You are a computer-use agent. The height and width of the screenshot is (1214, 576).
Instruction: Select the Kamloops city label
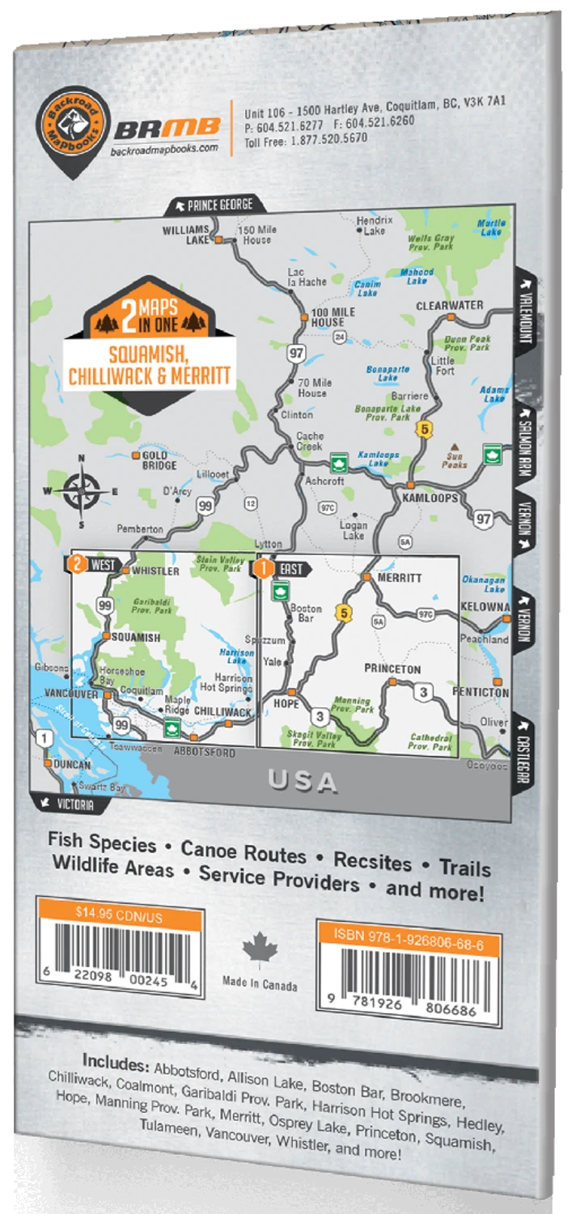coord(430,498)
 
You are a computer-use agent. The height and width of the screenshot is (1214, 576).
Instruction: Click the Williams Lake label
coord(185,234)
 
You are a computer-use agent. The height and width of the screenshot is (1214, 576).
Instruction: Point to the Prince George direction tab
coord(213,205)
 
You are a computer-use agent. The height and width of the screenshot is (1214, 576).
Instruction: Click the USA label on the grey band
coord(303,782)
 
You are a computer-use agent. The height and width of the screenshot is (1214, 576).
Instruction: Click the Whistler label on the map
coord(155,571)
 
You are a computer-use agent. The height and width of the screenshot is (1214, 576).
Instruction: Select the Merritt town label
coord(398,578)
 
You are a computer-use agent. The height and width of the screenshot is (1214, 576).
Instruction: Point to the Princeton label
coord(392,669)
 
